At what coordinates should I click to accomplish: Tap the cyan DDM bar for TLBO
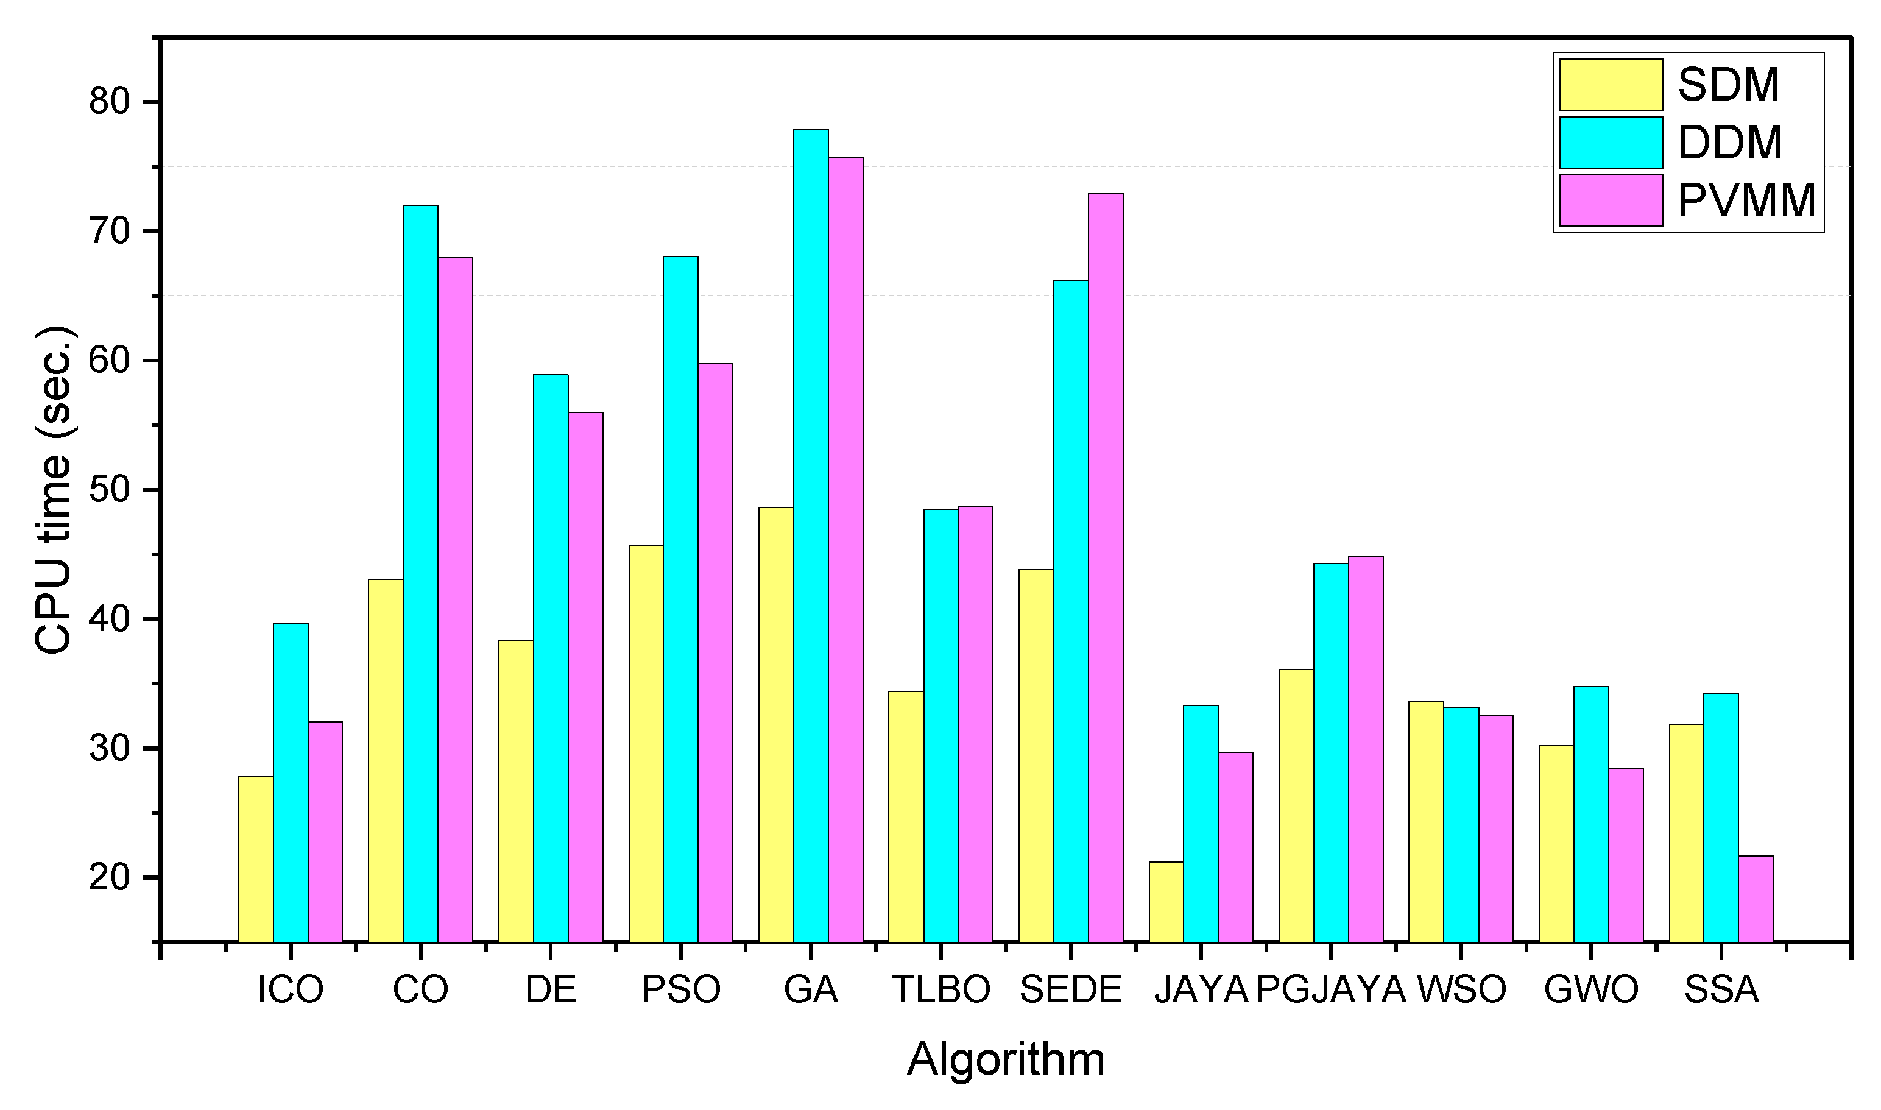point(941,725)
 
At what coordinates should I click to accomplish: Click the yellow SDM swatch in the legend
point(1611,85)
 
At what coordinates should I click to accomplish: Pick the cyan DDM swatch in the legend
point(1611,142)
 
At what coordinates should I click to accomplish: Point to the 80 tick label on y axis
point(110,102)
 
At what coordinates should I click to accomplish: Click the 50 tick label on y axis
point(110,490)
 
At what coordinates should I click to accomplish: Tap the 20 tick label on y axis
point(110,877)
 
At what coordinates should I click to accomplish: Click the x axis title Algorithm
point(1005,1059)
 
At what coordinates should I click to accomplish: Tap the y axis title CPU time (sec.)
point(54,490)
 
